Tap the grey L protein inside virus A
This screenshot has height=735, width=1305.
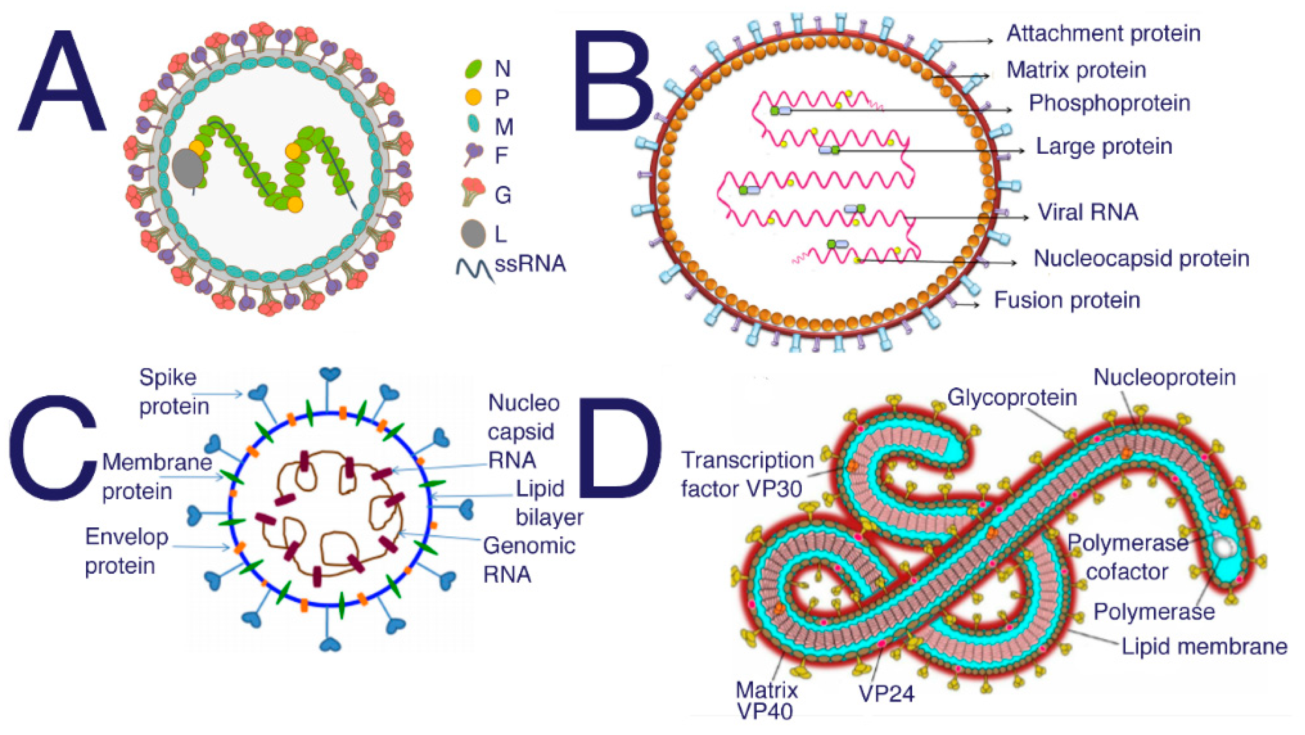pos(188,168)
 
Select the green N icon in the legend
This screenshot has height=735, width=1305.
pos(473,68)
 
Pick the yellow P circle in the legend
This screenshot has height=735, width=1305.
pos(473,97)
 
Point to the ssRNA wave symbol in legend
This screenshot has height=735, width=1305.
pos(474,269)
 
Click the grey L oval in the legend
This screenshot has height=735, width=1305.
pos(473,234)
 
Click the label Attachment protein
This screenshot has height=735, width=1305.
pos(1103,34)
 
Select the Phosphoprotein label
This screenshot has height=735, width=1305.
pos(1109,103)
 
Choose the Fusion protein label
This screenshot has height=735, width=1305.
pos(1067,300)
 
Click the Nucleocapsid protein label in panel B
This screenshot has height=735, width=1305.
pos(1141,258)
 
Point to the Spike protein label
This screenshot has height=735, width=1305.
pos(174,392)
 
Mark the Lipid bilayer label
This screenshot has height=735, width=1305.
pos(549,503)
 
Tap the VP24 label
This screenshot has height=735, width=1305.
pos(887,693)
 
